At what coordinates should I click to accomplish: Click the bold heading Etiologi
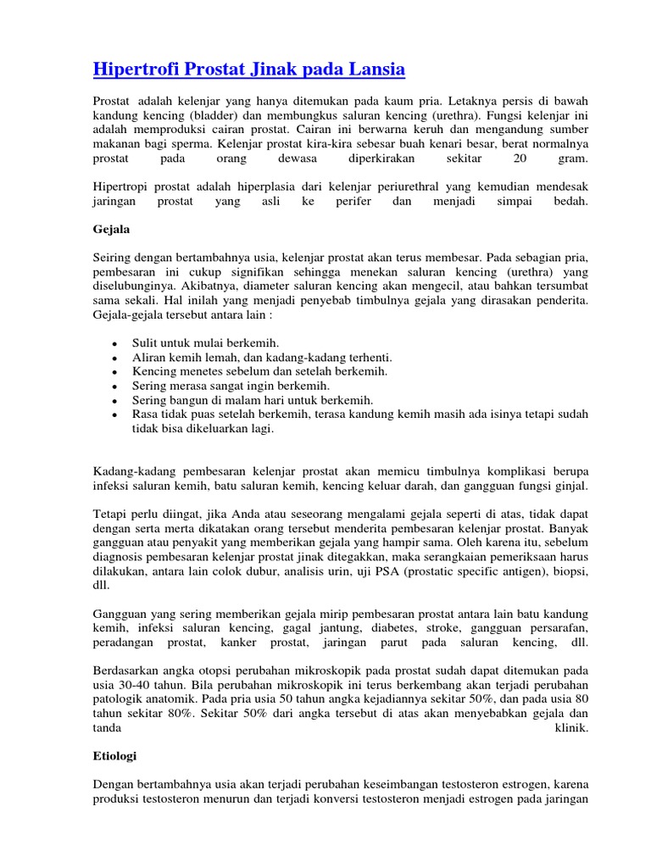click(x=114, y=754)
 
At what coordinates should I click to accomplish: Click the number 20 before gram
click(x=520, y=159)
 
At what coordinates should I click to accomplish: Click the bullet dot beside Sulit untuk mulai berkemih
click(x=114, y=345)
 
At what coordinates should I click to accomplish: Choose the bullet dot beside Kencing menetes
click(x=114, y=372)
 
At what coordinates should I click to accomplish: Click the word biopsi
click(x=569, y=573)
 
